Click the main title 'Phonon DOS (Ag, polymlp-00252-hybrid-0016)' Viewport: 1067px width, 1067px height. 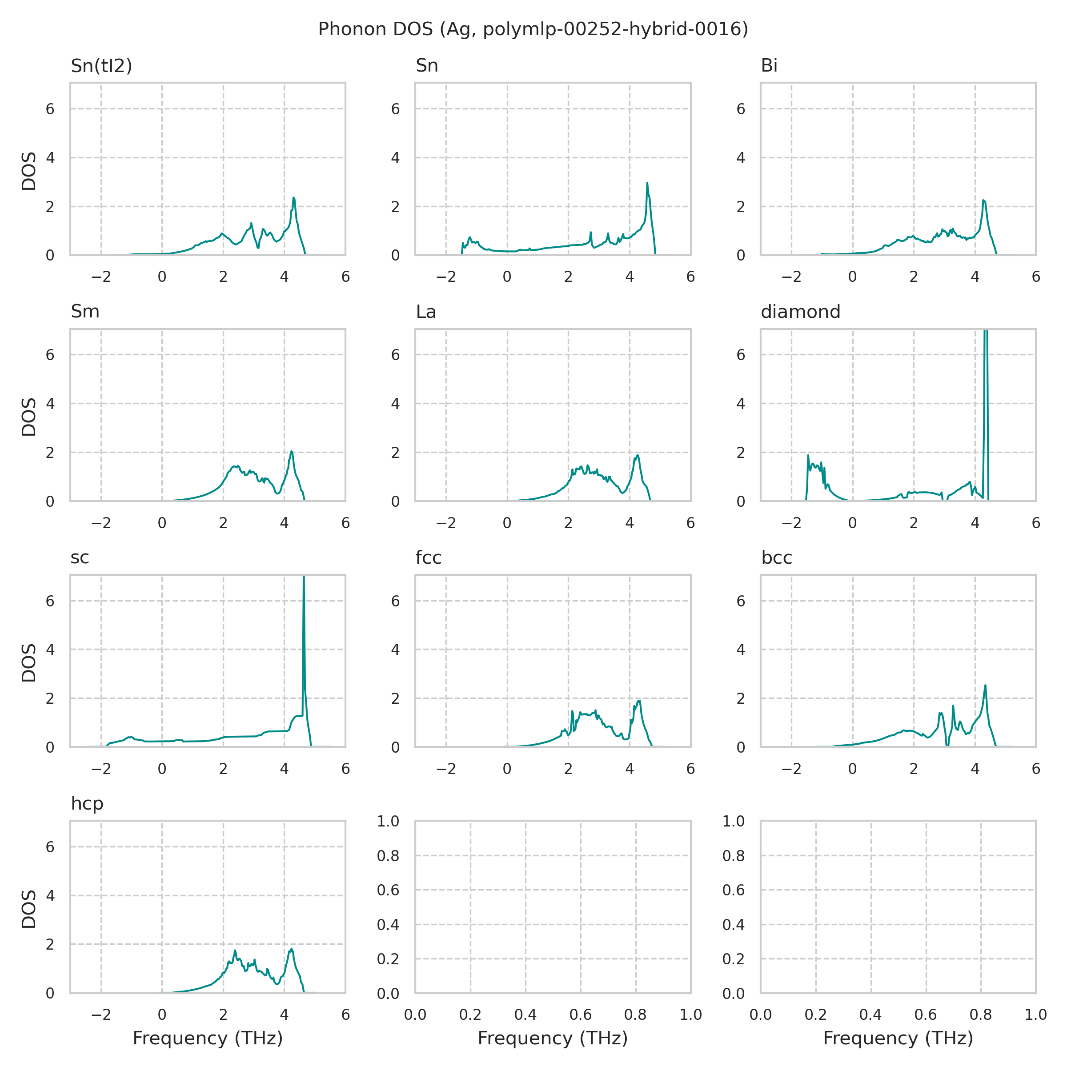[x=533, y=29]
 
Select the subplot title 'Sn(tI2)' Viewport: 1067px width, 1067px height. [x=102, y=66]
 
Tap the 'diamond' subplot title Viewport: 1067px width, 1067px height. [x=800, y=312]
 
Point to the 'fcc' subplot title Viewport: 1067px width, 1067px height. [x=429, y=558]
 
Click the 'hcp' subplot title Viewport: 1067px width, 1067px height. [x=87, y=803]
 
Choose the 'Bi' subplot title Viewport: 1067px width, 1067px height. [x=769, y=66]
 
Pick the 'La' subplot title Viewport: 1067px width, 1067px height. [x=426, y=312]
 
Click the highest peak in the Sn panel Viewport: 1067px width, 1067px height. [x=647, y=183]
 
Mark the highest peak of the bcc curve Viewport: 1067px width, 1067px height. [x=985, y=686]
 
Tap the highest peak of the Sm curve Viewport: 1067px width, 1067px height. [x=292, y=451]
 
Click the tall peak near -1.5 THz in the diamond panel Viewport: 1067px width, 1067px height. [x=808, y=456]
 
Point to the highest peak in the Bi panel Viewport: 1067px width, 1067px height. [x=983, y=201]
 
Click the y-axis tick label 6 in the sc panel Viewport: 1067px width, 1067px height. [x=50, y=601]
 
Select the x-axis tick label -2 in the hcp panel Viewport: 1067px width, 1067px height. [x=101, y=1015]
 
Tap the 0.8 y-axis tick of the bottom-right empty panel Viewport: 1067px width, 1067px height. [x=734, y=856]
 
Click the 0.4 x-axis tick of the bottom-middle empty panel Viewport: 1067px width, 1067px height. [x=525, y=1015]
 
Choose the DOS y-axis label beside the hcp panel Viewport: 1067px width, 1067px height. [x=29, y=909]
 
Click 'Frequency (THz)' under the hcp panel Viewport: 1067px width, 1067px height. [x=208, y=1038]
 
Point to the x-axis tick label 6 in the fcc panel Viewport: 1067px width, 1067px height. [x=690, y=769]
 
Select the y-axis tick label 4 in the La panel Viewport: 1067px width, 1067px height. [x=395, y=404]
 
